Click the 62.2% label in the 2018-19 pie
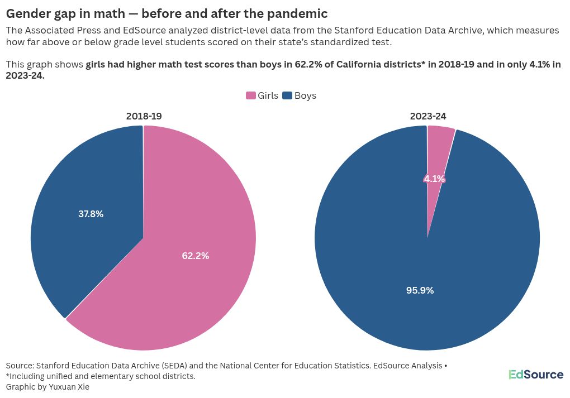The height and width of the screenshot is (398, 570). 196,256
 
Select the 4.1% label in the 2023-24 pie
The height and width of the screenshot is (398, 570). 434,179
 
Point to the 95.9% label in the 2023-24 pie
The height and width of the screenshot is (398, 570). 420,290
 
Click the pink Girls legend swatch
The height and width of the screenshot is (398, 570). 251,95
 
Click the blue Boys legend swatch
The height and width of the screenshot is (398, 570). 287,95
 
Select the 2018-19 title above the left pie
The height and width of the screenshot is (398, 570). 144,116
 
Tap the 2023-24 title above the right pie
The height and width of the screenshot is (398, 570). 428,116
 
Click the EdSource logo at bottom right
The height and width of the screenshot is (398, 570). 535,375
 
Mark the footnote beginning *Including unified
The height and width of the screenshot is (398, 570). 101,376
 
